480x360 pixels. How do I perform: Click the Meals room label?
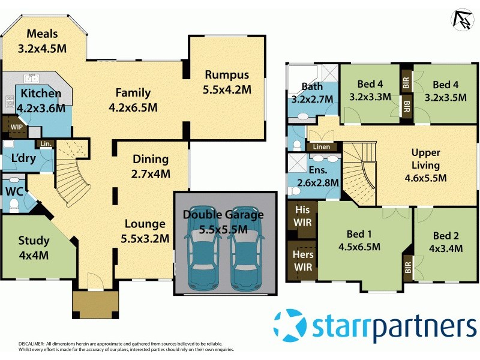coord(42,33)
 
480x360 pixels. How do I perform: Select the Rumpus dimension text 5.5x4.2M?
coord(227,89)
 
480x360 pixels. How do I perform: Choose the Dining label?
coord(151,160)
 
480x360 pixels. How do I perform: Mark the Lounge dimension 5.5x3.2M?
coord(145,238)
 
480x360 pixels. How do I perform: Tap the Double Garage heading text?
coord(224,215)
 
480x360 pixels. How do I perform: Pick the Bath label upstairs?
coord(312,86)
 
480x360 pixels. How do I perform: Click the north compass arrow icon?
coord(461,19)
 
